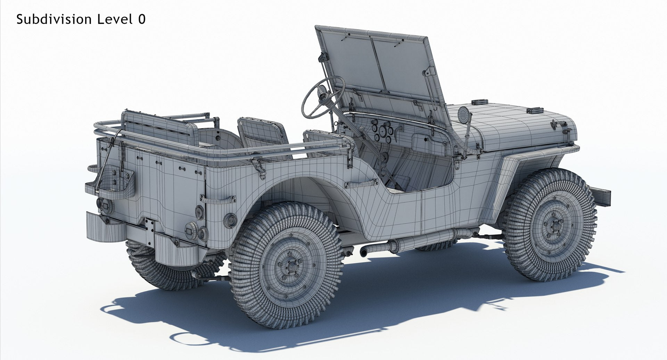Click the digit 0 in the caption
pyautogui.click(x=141, y=19)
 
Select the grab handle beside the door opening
pyautogui.click(x=362, y=183)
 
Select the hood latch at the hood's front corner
pyautogui.click(x=559, y=125)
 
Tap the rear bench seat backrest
pyautogui.click(x=156, y=127)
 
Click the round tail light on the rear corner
pyautogui.click(x=230, y=220)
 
